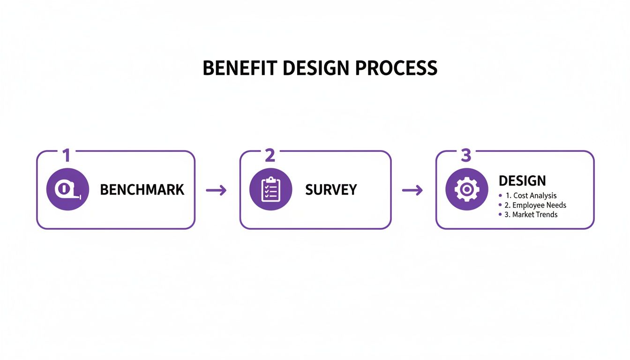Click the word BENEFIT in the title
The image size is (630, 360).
[240, 68]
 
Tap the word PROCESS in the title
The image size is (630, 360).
[396, 68]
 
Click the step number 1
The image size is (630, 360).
[67, 156]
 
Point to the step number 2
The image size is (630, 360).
[270, 156]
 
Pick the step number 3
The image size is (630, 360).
[465, 156]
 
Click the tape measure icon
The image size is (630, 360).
[67, 189]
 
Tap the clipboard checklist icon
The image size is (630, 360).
[270, 189]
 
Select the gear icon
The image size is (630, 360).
[466, 189]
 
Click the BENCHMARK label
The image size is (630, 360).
[142, 190]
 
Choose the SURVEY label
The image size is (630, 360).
[331, 190]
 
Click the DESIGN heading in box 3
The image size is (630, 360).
[522, 181]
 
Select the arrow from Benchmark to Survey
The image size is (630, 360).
[216, 190]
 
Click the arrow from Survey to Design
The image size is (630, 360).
[412, 190]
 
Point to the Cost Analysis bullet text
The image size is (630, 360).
[531, 195]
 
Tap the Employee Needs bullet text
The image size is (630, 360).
[535, 205]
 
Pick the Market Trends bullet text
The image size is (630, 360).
[531, 214]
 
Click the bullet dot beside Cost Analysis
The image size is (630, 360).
[500, 195]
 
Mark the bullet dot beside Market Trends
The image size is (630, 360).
[500, 214]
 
